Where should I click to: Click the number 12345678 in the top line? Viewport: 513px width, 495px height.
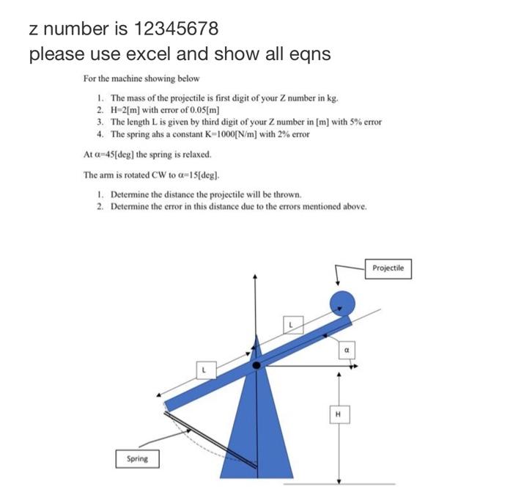click(x=175, y=29)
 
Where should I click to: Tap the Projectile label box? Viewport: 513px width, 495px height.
click(x=388, y=268)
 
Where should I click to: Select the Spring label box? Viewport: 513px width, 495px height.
click(x=137, y=458)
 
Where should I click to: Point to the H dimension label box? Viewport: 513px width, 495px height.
click(x=338, y=416)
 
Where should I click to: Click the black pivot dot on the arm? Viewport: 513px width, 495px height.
click(x=256, y=364)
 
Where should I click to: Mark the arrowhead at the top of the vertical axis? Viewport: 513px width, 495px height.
click(x=255, y=277)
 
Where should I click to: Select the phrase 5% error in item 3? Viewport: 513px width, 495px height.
click(x=364, y=122)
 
